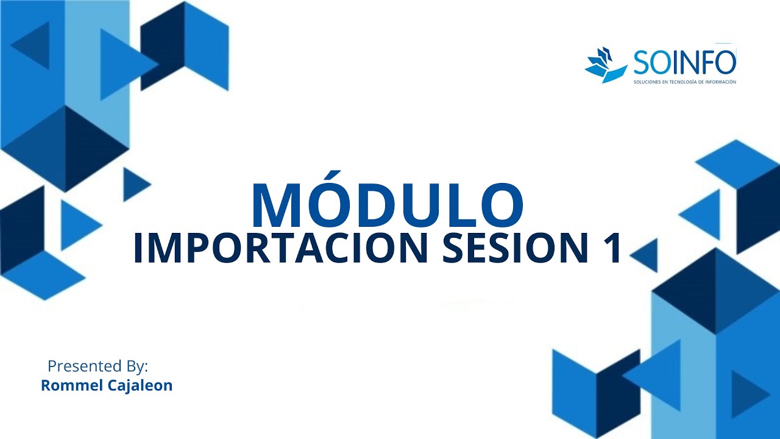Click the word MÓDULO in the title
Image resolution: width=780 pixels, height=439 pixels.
387,204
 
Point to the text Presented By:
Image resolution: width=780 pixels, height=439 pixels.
97,366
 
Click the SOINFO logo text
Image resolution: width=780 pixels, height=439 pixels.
684,62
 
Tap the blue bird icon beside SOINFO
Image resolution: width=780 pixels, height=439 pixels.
606,65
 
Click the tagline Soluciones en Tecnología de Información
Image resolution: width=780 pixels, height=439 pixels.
684,82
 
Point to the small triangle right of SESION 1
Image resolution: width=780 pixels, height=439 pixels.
646,255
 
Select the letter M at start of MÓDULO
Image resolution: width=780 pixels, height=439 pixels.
275,205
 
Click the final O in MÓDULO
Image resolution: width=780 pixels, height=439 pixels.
499,205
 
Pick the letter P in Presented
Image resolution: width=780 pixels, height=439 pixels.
52,366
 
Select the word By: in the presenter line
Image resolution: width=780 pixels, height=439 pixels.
135,366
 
